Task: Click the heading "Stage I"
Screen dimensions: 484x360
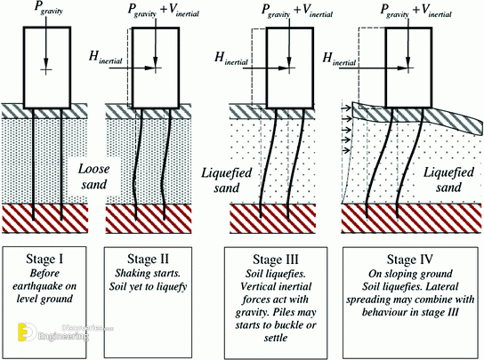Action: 45,260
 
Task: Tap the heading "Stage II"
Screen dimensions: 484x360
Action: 148,260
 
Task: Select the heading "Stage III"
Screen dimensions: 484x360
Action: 276,260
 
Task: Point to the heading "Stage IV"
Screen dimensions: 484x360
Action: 409,260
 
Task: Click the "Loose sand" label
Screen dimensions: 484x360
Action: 93,177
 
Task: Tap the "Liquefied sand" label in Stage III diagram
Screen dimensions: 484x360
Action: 227,180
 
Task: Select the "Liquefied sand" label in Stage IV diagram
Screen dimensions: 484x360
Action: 448,180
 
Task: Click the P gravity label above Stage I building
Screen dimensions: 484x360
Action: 48,9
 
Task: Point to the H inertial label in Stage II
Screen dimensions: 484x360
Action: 106,58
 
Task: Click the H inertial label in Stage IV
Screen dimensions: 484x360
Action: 339,59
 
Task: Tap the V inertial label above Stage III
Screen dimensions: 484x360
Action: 318,12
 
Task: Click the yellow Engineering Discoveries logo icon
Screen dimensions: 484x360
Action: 27,332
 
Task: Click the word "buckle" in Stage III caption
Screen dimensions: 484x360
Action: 287,325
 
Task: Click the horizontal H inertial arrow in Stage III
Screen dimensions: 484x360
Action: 266,68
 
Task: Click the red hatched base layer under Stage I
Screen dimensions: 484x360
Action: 44,218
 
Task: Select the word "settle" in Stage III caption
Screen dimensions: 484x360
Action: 276,338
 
